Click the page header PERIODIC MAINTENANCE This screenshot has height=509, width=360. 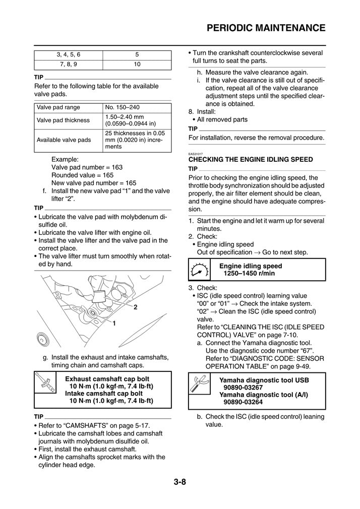click(x=266, y=27)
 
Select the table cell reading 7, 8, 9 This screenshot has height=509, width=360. click(x=68, y=64)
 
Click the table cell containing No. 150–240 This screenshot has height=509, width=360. click(x=122, y=107)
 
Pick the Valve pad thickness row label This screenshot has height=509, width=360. click(x=63, y=120)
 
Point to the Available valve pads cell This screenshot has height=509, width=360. click(x=64, y=140)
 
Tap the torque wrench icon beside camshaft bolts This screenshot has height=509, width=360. click(x=45, y=390)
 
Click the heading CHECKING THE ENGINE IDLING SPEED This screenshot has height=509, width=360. click(x=250, y=159)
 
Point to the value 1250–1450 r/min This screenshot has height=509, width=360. click(x=249, y=273)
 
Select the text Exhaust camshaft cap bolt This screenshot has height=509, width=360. click(x=107, y=379)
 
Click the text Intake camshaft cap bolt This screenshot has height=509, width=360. click(x=104, y=394)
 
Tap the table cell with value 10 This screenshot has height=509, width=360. click(x=137, y=64)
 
